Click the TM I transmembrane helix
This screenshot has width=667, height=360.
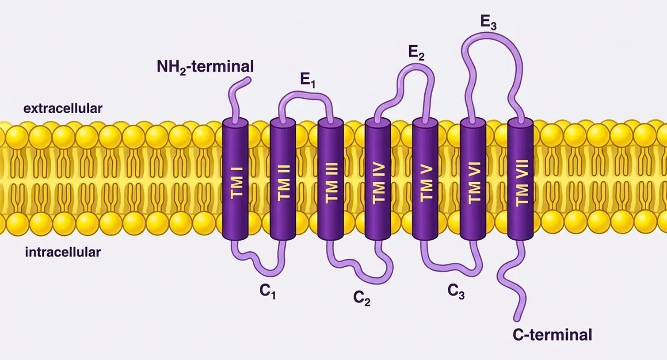[x=235, y=179]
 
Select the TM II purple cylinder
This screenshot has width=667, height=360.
[x=283, y=179]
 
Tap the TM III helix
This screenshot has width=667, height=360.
[x=330, y=179]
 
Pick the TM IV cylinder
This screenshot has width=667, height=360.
[x=378, y=179]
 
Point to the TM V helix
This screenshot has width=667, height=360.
[x=425, y=179]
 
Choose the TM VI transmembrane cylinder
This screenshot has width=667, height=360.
[x=473, y=179]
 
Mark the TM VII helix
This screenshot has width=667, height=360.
[x=520, y=179]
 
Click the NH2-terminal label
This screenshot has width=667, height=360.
[x=205, y=67]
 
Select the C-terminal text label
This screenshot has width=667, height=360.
[x=552, y=335]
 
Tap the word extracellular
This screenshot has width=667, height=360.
[x=63, y=108]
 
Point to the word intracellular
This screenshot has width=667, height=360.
[x=63, y=252]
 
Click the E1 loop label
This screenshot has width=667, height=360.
[x=308, y=80]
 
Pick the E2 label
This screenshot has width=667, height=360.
[x=416, y=53]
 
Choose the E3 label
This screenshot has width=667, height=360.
[x=488, y=22]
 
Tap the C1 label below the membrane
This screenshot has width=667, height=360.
[x=268, y=291]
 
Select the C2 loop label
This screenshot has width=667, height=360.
[x=362, y=298]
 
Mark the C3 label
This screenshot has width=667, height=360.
[x=456, y=291]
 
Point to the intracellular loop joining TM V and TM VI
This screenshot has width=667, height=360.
[x=451, y=267]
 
